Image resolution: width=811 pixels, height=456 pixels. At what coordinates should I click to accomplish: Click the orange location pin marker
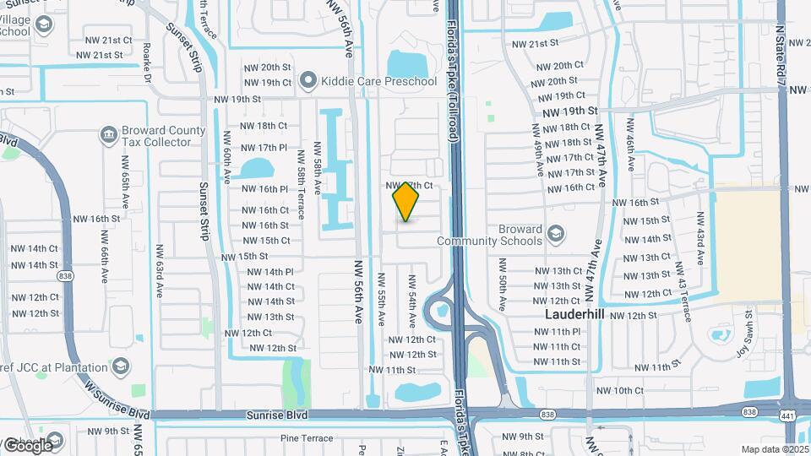(x=406, y=202)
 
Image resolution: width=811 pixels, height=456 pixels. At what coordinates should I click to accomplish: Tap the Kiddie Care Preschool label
(x=363, y=82)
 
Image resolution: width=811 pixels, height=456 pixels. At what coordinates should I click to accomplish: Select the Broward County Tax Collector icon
(x=107, y=135)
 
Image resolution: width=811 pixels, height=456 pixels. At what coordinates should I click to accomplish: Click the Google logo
(x=27, y=444)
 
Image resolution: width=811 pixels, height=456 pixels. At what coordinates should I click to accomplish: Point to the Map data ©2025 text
(x=774, y=449)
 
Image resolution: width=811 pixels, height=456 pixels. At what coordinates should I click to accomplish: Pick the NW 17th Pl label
(x=264, y=148)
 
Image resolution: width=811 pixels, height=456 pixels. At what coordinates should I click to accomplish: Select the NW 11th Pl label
(x=557, y=332)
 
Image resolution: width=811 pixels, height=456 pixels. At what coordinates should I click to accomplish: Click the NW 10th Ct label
(x=619, y=390)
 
